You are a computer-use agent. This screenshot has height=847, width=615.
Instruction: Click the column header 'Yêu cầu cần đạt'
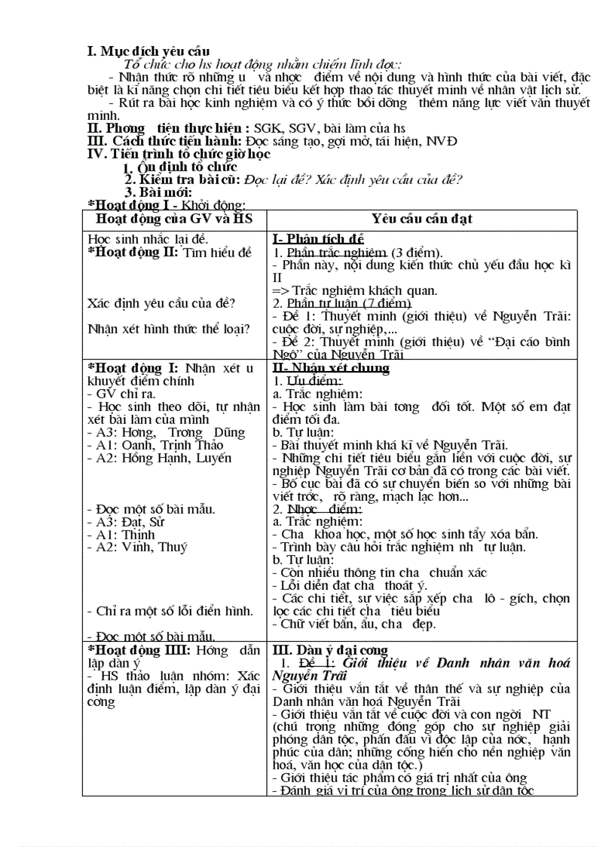pos(422,219)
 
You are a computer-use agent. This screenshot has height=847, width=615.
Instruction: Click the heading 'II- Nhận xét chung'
pos(331,368)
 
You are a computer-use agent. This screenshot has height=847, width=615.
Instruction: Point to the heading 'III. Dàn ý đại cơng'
pos(330,650)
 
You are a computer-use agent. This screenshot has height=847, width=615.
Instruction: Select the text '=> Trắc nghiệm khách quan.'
pos(355,290)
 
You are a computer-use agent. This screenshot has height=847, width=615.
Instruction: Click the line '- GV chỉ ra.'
pos(121,394)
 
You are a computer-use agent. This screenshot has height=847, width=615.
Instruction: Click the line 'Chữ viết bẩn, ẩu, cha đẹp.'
pos(353,624)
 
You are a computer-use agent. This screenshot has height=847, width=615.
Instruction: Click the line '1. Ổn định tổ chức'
pos(180,167)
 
